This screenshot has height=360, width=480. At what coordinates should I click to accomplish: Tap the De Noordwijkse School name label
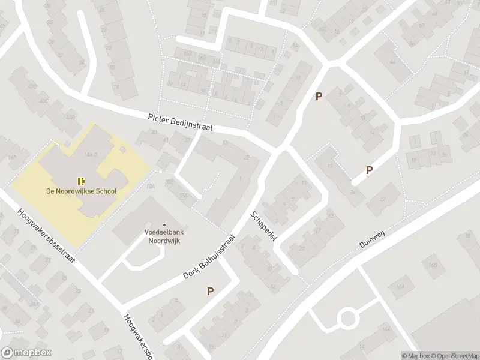[x=81, y=191]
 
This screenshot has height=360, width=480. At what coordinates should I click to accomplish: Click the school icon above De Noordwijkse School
[x=81, y=181]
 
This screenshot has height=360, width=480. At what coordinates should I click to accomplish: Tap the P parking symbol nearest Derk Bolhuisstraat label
[x=210, y=292]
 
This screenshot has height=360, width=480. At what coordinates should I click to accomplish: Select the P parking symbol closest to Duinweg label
[x=369, y=170]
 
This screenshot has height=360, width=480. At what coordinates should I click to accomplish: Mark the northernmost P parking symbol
[x=319, y=96]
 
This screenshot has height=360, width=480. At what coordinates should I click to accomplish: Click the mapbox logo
[x=26, y=353]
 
